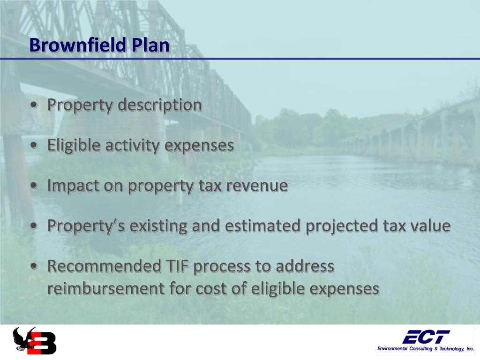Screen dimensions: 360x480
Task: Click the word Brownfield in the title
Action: (77, 45)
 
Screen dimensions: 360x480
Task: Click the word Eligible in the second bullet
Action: (74, 145)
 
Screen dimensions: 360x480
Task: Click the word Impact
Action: (73, 186)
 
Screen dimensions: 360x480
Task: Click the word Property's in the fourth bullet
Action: (86, 226)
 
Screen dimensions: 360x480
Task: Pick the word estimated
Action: (263, 226)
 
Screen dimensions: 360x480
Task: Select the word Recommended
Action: (105, 266)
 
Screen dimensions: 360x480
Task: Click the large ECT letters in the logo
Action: (426, 336)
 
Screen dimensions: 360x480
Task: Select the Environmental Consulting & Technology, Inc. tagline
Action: (426, 349)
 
